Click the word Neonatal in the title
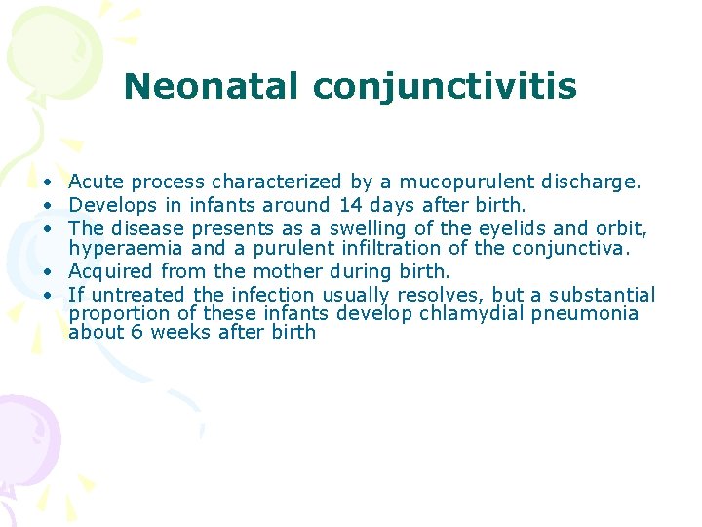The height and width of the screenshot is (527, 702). point(212,86)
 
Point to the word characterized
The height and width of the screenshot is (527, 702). point(276,182)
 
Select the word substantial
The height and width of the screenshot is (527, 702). point(602,295)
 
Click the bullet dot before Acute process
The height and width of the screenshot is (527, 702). point(48,182)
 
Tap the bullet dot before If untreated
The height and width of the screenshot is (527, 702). point(48,296)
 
